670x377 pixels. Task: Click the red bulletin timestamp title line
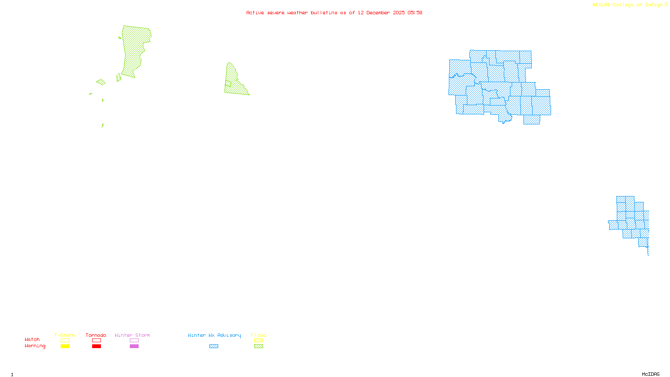pyautogui.click(x=334, y=13)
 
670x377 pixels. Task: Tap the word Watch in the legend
pyautogui.click(x=32, y=339)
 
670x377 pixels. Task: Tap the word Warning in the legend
pyautogui.click(x=35, y=346)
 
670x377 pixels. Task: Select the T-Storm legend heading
pyautogui.click(x=64, y=335)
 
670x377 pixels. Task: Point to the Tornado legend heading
pyautogui.click(x=96, y=335)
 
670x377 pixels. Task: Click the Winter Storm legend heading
pyautogui.click(x=132, y=335)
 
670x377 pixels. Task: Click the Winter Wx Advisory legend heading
pyautogui.click(x=214, y=335)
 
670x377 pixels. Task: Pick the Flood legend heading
pyautogui.click(x=258, y=335)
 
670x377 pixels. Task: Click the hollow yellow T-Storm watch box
pyautogui.click(x=65, y=341)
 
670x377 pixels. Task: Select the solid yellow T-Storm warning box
pyautogui.click(x=65, y=346)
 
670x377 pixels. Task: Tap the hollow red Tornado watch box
pyautogui.click(x=97, y=341)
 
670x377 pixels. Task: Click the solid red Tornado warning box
pyautogui.click(x=97, y=346)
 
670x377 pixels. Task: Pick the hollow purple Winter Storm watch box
pyautogui.click(x=134, y=341)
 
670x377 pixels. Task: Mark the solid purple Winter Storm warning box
pyautogui.click(x=134, y=346)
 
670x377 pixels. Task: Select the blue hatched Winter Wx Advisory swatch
pyautogui.click(x=214, y=346)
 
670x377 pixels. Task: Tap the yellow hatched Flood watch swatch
pyautogui.click(x=259, y=341)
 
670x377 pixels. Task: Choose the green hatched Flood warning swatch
pyautogui.click(x=259, y=346)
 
